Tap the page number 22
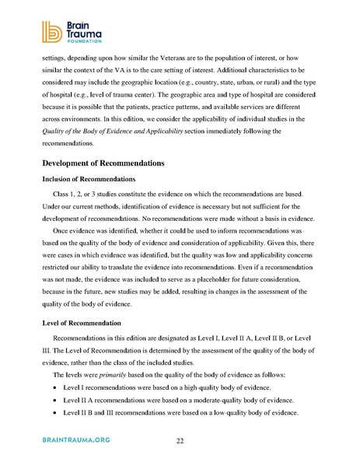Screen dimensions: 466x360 pos(180,440)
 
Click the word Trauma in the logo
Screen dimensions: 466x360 pos(83,30)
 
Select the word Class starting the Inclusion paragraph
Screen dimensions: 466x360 pos(61,193)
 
